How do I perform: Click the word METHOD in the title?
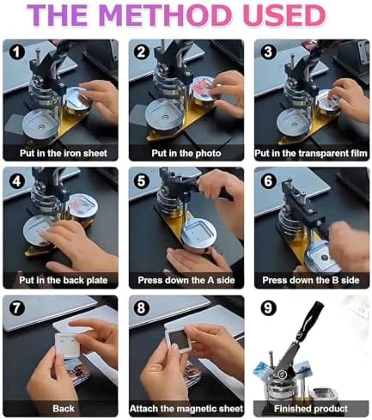pos(166,15)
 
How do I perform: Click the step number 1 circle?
pos(16,52)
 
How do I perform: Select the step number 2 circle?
pos(142,52)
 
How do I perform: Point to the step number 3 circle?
pos(268,52)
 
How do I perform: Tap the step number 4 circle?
pos(16,181)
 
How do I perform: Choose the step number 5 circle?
pos(142,181)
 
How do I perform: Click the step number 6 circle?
pos(268,181)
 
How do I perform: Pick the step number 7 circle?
pos(16,308)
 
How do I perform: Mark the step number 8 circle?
pos(142,308)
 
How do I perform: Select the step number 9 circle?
pos(268,308)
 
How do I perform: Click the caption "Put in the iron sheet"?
pos(64,153)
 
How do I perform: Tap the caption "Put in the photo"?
pos(186,153)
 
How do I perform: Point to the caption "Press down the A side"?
pos(186,280)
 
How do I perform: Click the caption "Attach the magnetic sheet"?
pos(186,409)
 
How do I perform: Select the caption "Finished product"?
pos(311,409)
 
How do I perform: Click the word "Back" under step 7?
pos(64,409)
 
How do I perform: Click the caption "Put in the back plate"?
pos(64,280)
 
